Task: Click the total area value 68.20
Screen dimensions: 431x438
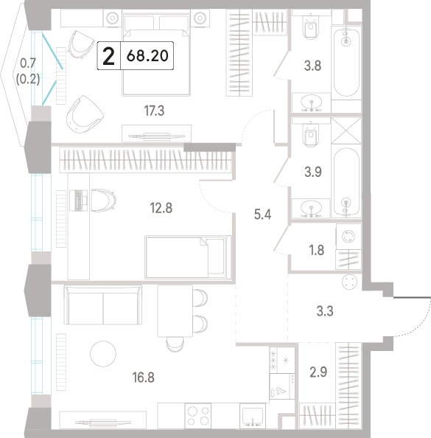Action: (147, 55)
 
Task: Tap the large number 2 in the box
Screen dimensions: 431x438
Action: (108, 56)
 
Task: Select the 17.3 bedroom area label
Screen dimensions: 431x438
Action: (154, 111)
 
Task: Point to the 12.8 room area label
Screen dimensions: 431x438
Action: (161, 208)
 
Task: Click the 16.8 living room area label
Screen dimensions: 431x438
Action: (143, 378)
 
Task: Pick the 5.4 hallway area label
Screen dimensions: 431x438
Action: (263, 215)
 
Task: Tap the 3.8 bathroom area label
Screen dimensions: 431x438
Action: (312, 66)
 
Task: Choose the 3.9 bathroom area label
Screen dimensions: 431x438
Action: (313, 172)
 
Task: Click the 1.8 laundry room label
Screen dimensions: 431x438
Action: (317, 250)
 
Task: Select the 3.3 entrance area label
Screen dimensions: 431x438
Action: (325, 311)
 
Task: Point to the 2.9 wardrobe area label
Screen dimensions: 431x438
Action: (318, 372)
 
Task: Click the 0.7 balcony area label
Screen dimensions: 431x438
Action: (28, 63)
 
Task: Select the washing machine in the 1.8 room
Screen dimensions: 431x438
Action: (348, 237)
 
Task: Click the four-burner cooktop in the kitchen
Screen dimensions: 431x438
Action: (198, 416)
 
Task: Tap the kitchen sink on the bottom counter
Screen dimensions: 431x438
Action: (253, 416)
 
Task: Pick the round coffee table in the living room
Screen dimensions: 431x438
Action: (103, 354)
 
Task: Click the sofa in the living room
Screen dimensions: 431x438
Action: (103, 305)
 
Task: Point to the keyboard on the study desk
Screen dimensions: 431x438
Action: (78, 201)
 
